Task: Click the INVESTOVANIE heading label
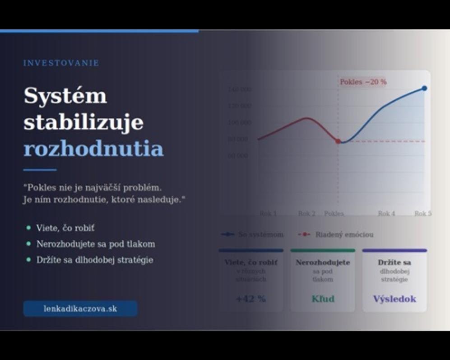pyautogui.click(x=61, y=63)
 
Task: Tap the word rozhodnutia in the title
pyautogui.click(x=93, y=149)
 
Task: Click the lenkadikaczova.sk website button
pyautogui.click(x=80, y=309)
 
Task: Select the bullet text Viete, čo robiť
pyautogui.click(x=65, y=228)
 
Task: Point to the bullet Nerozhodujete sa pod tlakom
pyautogui.click(x=96, y=244)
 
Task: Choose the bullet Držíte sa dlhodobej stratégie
pyautogui.click(x=95, y=260)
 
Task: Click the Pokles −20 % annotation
pyautogui.click(x=363, y=82)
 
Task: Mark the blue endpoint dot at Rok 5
pyautogui.click(x=424, y=88)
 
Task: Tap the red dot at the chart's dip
pyautogui.click(x=338, y=141)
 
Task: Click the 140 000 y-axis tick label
pyautogui.click(x=240, y=89)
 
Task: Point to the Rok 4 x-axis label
pyautogui.click(x=386, y=213)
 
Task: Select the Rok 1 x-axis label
pyautogui.click(x=268, y=213)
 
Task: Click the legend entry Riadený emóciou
pyautogui.click(x=344, y=235)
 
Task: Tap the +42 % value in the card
pyautogui.click(x=251, y=299)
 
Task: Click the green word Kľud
pyautogui.click(x=323, y=299)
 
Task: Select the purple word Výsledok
pyautogui.click(x=394, y=299)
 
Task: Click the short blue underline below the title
pyautogui.click(x=40, y=170)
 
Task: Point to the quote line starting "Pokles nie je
pyautogui.click(x=92, y=187)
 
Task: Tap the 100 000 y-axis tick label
pyautogui.click(x=240, y=122)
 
